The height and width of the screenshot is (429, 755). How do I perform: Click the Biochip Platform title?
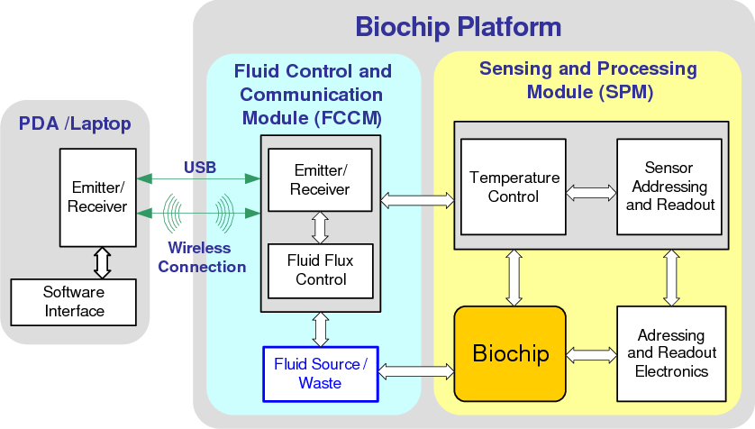click(x=458, y=26)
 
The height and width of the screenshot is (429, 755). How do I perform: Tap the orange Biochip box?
click(x=510, y=353)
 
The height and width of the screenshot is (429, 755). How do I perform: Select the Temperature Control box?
click(x=514, y=187)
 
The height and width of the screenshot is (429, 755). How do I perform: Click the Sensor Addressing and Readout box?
click(x=669, y=187)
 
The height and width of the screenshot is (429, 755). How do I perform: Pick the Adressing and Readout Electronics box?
click(x=671, y=353)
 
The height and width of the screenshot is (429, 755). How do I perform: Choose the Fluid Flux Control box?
click(x=321, y=269)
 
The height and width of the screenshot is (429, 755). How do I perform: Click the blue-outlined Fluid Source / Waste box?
click(x=321, y=373)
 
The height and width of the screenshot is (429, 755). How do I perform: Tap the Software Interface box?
click(x=74, y=302)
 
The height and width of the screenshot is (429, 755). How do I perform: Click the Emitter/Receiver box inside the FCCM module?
click(x=321, y=179)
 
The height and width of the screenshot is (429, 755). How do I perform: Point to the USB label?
click(x=200, y=167)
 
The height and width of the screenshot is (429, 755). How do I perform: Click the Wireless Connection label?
click(x=202, y=257)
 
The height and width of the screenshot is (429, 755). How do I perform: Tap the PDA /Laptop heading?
click(x=75, y=124)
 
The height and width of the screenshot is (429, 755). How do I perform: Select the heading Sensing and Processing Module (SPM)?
click(x=588, y=80)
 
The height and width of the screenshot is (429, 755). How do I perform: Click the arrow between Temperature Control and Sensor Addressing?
click(x=591, y=192)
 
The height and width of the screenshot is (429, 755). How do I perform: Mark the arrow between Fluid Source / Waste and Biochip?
click(x=416, y=370)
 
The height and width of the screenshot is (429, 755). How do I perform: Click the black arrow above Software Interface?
click(x=103, y=262)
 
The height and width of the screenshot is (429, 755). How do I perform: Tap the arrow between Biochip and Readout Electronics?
click(x=591, y=353)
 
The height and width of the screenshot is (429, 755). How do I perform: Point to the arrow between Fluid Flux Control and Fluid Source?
click(x=321, y=328)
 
